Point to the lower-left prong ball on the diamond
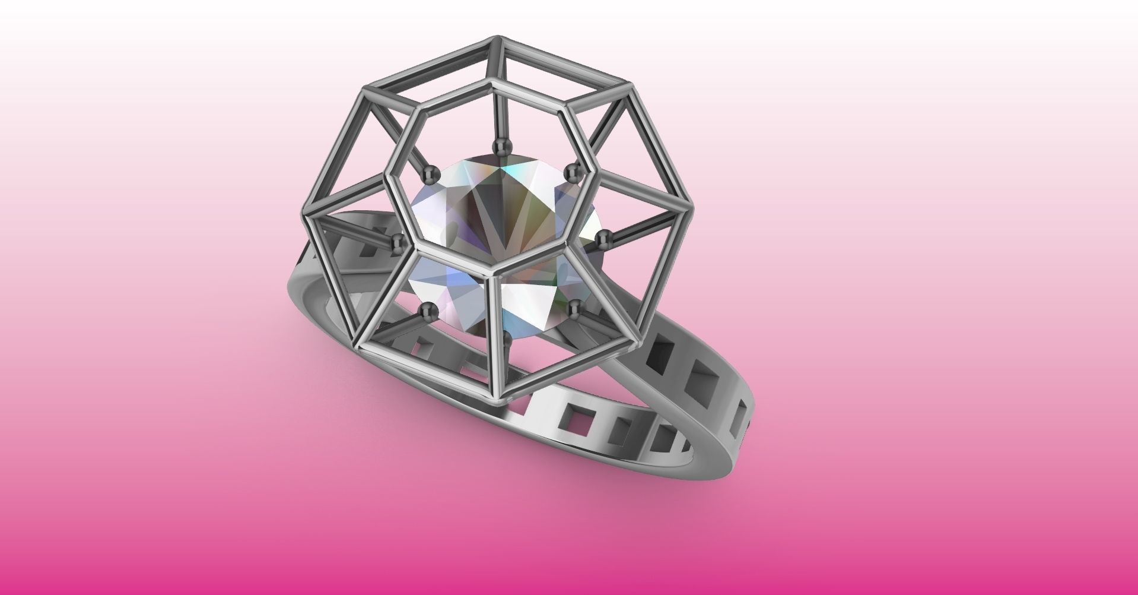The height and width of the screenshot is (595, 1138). point(428,309)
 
